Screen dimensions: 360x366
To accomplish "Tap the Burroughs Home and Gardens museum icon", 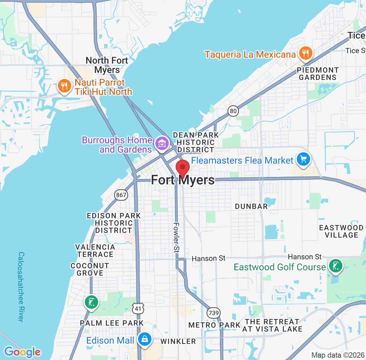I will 162,144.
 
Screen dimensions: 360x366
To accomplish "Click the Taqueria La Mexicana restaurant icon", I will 305,53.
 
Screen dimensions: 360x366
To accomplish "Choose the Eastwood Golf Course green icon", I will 335,266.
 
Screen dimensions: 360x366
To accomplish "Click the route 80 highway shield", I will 234,111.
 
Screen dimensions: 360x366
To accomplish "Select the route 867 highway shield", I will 121,195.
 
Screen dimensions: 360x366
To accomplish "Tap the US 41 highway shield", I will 138,308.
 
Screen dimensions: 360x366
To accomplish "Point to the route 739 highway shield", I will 213,313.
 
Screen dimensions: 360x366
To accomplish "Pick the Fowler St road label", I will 176,237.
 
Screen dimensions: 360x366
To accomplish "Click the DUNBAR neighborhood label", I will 251,206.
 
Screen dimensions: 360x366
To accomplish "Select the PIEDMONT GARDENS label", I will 318,74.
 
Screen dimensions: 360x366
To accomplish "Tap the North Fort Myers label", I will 107,65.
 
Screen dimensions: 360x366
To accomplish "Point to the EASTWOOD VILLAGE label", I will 341,231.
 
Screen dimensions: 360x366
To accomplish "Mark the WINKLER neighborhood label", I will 178,341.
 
